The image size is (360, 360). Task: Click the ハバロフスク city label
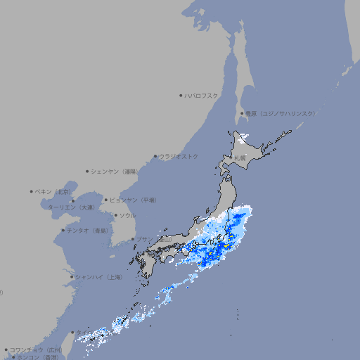202,95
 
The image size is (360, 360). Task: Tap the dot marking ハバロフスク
181,95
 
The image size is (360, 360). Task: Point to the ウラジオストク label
179,156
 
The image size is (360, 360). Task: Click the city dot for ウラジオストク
155,156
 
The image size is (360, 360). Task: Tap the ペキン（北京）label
54,191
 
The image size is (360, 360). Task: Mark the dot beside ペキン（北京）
32,191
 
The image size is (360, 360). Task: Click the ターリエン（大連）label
71,207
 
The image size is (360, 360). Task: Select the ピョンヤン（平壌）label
133,200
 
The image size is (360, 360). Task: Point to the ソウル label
127,215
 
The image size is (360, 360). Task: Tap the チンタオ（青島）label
88,230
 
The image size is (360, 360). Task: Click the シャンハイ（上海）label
98,277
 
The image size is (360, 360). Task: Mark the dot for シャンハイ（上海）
72,277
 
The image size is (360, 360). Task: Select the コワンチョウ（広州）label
35,349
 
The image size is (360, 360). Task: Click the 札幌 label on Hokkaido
240,157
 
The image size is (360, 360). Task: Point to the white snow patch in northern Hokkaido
243,137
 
